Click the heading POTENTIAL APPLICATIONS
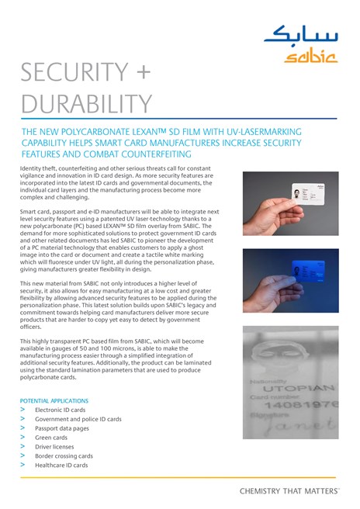(53, 401)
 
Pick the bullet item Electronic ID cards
(61, 410)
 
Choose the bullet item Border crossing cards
(64, 456)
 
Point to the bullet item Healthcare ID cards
(61, 466)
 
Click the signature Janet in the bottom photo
(303, 425)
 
